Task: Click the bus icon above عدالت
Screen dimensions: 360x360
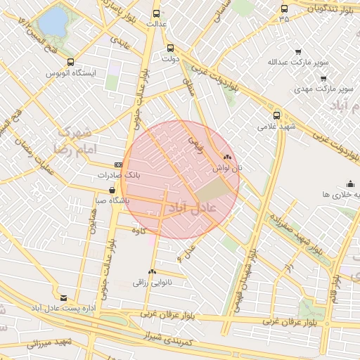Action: [x=156, y=13]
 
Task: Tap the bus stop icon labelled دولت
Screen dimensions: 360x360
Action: [x=170, y=49]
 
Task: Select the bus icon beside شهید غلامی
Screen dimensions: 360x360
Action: [x=276, y=115]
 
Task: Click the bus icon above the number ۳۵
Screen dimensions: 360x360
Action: [x=284, y=8]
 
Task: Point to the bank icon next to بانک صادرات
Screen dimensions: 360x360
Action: [x=118, y=165]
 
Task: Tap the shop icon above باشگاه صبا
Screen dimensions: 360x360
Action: [x=112, y=190]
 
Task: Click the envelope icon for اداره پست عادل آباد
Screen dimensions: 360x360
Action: [x=65, y=298]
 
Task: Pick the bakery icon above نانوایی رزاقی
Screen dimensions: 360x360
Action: [x=152, y=272]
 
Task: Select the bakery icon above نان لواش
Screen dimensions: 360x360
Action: [x=226, y=157]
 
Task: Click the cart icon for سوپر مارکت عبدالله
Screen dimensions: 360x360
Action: [x=298, y=51]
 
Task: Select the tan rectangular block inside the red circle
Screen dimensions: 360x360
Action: [x=212, y=191]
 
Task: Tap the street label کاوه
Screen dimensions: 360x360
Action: [x=139, y=229]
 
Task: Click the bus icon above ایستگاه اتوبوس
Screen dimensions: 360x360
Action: [x=70, y=62]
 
